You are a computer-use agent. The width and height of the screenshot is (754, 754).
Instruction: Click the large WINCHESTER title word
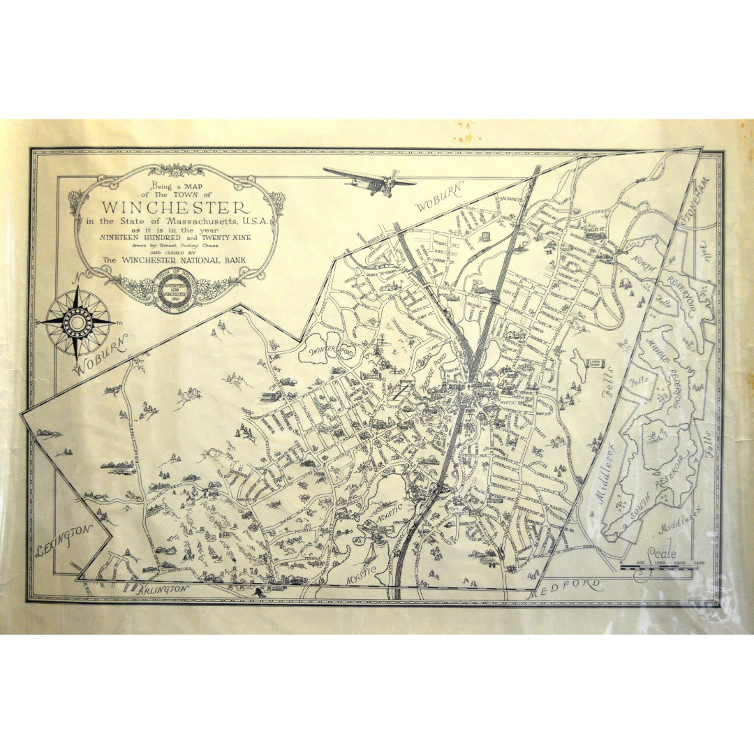coord(175,207)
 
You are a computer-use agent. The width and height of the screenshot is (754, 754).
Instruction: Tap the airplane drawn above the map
coord(370,180)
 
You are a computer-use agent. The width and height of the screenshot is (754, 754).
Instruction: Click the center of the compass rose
coord(77,322)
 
